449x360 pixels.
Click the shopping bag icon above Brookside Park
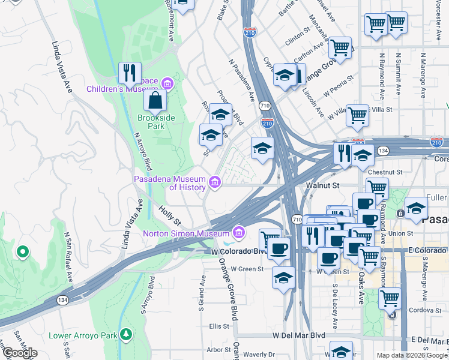[155, 100]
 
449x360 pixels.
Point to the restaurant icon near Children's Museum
[130, 73]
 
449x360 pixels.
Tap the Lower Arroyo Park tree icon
[125, 334]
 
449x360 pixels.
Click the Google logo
[20, 353]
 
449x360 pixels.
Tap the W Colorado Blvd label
[237, 251]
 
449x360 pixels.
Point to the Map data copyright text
[412, 355]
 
